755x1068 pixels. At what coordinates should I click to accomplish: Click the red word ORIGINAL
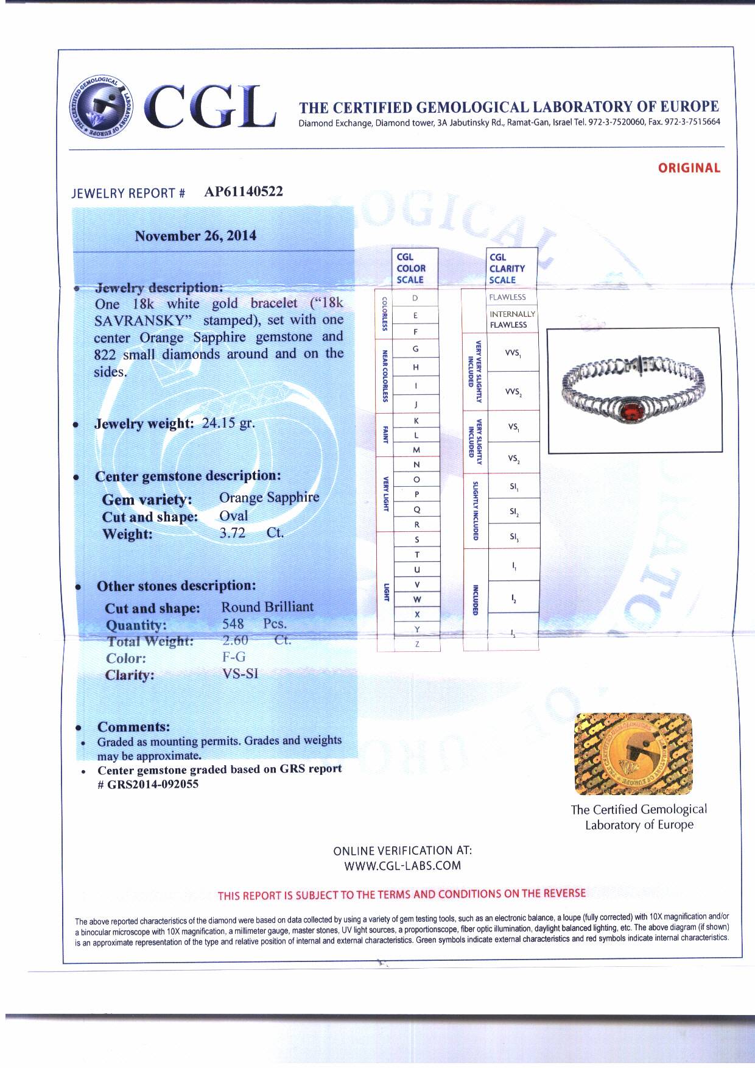[x=689, y=168]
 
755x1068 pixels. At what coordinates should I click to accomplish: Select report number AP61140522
[x=244, y=192]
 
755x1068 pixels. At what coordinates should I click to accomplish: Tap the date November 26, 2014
[x=195, y=236]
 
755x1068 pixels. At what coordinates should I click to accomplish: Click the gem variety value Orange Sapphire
[x=269, y=498]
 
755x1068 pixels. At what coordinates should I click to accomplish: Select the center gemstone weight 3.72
[x=233, y=533]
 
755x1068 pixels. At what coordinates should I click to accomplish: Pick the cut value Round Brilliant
[x=267, y=607]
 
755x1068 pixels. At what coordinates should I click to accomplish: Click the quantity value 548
[x=233, y=624]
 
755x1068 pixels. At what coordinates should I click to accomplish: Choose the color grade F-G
[x=234, y=657]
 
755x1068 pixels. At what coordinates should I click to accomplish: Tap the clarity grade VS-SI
[x=241, y=674]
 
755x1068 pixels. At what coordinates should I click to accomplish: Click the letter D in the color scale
[x=415, y=298]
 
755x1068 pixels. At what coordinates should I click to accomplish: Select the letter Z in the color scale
[x=417, y=644]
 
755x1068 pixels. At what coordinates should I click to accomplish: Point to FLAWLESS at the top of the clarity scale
[x=507, y=297]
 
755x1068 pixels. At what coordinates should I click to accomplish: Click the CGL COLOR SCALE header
[x=411, y=268]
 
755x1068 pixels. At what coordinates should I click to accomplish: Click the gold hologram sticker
[x=633, y=754]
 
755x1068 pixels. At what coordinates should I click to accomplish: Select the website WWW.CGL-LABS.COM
[x=402, y=866]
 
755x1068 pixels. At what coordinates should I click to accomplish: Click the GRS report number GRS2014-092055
[x=153, y=785]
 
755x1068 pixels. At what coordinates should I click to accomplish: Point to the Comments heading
[x=133, y=727]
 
